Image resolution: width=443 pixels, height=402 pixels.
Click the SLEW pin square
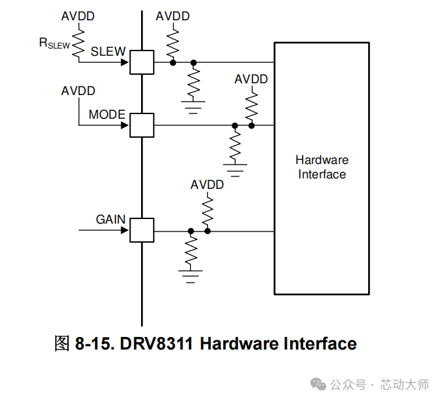pyautogui.click(x=141, y=62)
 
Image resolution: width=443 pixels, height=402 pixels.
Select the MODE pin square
pyautogui.click(x=141, y=125)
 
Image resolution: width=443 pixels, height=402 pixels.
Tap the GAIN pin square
pyautogui.click(x=141, y=230)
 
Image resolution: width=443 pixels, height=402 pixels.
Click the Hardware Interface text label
pyautogui.click(x=322, y=167)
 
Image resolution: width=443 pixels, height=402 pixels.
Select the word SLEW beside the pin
pyautogui.click(x=108, y=52)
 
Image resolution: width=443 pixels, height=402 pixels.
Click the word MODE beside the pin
pyautogui.click(x=107, y=115)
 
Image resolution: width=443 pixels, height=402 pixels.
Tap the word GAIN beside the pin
pyautogui.click(x=111, y=219)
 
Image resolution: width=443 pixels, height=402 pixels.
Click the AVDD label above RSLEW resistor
pyautogui.click(x=78, y=16)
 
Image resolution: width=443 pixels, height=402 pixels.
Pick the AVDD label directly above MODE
pyautogui.click(x=78, y=91)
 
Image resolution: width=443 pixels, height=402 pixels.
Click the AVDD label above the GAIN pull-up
pyautogui.click(x=207, y=185)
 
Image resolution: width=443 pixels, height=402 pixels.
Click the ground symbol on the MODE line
pyautogui.click(x=234, y=170)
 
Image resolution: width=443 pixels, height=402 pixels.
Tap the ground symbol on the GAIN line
pyautogui.click(x=191, y=275)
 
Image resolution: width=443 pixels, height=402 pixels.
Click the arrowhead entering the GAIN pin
pyautogui.click(x=123, y=230)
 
